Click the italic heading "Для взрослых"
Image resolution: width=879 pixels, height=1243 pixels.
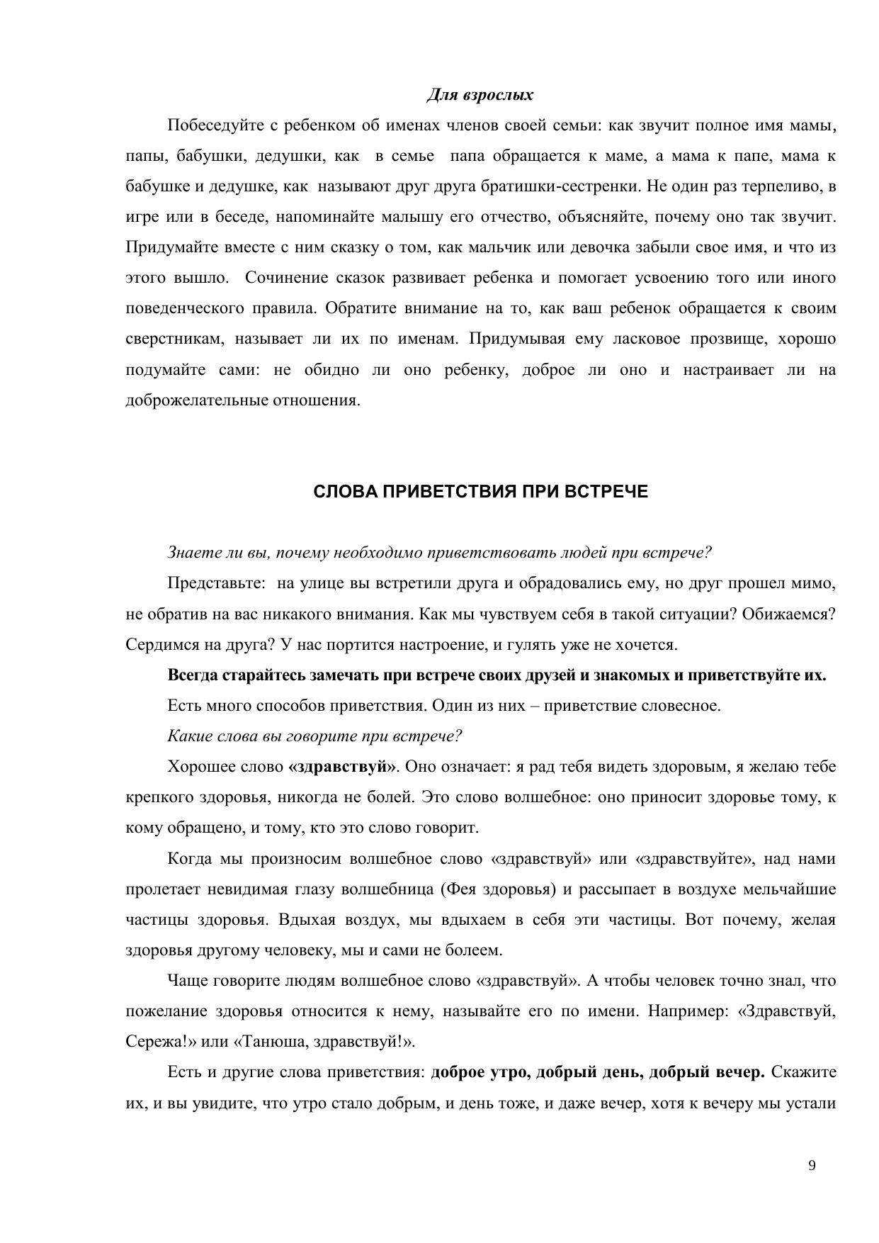(480, 95)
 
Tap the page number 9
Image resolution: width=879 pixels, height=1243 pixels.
(812, 1166)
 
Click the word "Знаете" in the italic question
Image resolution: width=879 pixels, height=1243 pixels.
(191, 553)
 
